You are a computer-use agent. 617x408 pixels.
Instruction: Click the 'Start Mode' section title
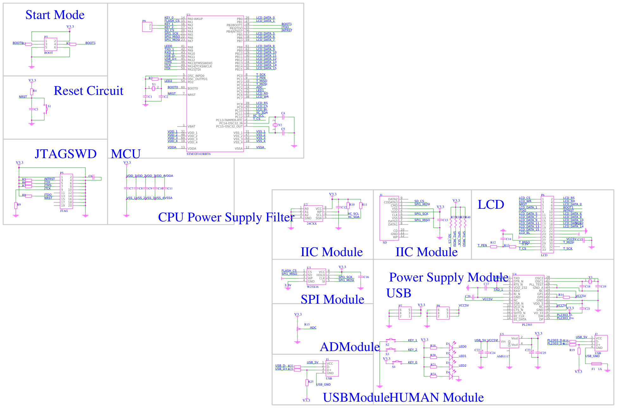point(55,15)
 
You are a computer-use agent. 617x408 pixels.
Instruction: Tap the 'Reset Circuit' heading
point(88,91)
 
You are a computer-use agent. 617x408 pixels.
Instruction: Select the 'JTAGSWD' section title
point(65,154)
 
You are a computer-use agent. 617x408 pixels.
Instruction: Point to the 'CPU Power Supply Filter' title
point(226,217)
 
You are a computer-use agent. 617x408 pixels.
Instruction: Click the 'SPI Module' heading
point(332,299)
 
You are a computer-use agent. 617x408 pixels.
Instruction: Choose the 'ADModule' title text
point(350,347)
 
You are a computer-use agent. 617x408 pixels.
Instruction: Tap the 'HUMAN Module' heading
point(437,398)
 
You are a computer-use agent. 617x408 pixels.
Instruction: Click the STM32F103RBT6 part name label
point(198,154)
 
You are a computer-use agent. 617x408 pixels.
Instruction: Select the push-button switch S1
point(46,109)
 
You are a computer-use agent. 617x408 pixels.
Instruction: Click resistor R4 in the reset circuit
point(32,92)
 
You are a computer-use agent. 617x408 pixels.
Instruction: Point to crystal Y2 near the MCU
point(275,125)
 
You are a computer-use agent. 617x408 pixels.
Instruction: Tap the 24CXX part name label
point(312,224)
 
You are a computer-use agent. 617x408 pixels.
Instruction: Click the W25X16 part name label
point(313,287)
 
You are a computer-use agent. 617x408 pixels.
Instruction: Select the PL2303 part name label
point(527,325)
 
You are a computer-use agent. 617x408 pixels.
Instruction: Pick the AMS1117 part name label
point(503,356)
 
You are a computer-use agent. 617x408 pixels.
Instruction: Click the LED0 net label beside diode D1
point(462,347)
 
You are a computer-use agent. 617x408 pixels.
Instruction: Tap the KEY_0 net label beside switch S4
point(412,362)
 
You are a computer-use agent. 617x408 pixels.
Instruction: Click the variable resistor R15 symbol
point(298,329)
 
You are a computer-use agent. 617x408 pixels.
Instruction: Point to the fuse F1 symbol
point(596,364)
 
